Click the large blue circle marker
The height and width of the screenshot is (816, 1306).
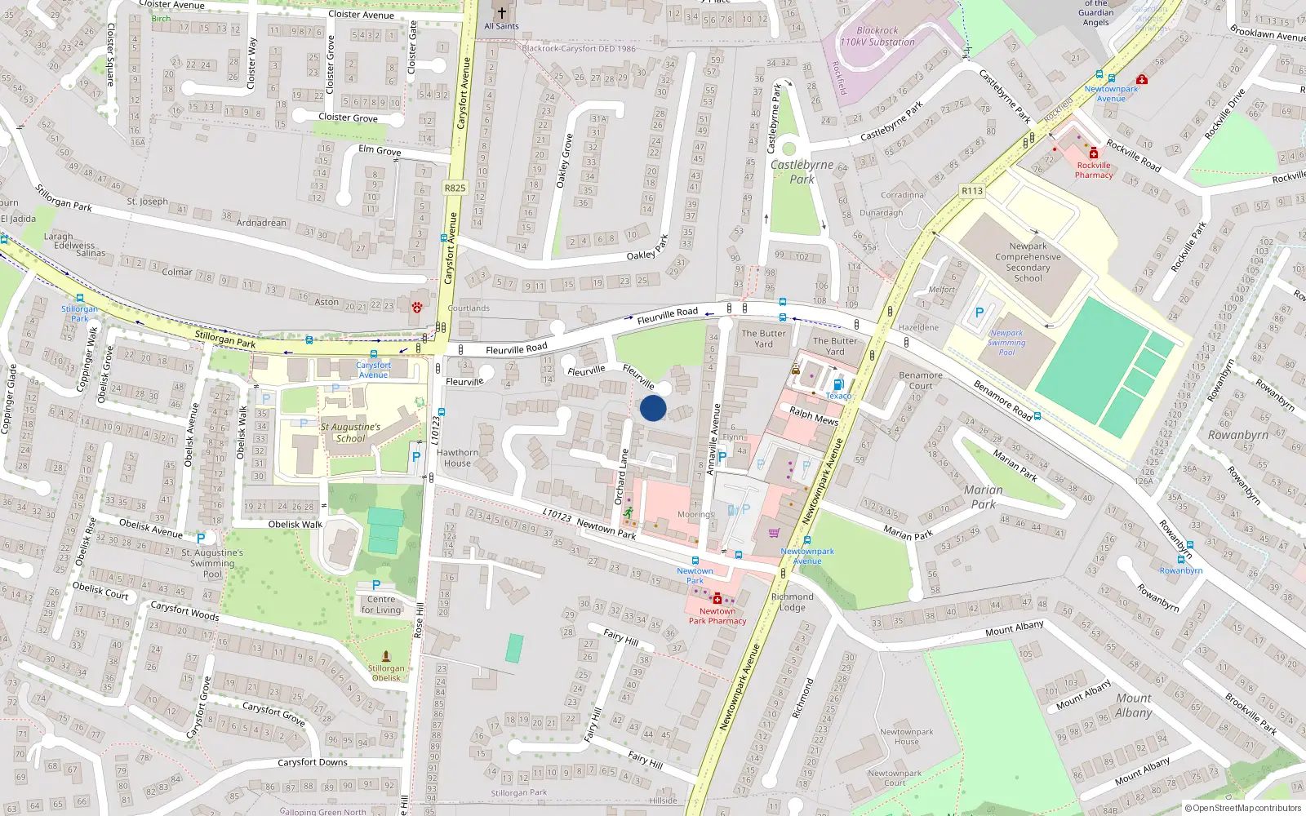click(x=653, y=408)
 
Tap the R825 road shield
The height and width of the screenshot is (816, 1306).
click(x=455, y=188)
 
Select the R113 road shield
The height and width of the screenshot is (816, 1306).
click(x=972, y=191)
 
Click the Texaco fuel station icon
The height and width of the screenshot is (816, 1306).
click(x=837, y=384)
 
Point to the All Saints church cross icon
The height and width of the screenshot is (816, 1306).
click(x=502, y=13)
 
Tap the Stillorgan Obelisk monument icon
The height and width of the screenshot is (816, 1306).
click(x=386, y=656)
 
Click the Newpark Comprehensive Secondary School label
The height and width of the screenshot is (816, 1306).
click(x=1028, y=262)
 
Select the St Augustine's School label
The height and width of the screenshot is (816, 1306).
click(x=350, y=432)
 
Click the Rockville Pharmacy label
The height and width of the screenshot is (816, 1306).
click(x=1094, y=170)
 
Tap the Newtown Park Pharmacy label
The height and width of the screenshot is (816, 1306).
click(x=717, y=616)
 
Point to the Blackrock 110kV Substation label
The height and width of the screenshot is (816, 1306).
click(x=877, y=36)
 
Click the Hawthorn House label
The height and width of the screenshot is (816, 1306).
click(x=457, y=458)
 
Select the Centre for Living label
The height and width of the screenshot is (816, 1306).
click(x=381, y=605)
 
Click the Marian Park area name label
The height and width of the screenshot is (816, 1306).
click(x=984, y=496)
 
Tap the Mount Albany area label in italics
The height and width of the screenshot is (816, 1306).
click(x=1134, y=705)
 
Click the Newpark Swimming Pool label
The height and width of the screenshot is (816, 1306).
click(x=1006, y=343)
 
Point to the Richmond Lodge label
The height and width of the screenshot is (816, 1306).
click(x=792, y=601)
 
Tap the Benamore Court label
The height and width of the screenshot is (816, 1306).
click(x=920, y=380)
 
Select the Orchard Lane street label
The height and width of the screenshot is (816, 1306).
click(x=622, y=477)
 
